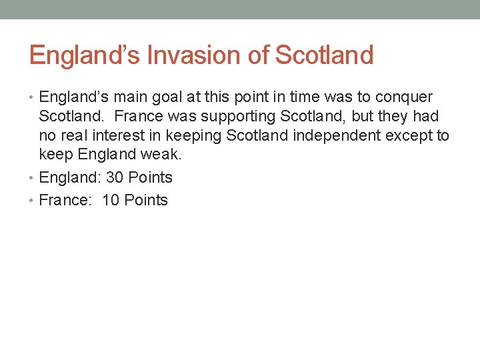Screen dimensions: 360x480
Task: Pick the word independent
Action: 341,136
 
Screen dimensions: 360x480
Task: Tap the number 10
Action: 111,201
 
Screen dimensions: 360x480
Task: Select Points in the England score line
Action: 150,178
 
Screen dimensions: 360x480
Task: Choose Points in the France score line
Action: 146,201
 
